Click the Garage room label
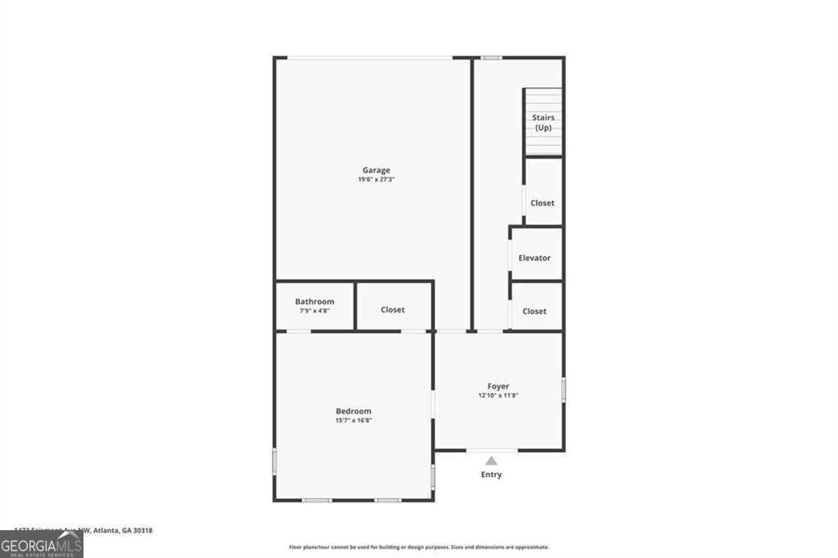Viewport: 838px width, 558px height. (376, 170)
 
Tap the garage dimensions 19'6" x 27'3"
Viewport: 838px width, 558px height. (376, 179)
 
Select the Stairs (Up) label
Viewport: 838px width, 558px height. (543, 123)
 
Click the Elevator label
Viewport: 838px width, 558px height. (534, 258)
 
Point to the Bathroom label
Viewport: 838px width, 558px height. (314, 301)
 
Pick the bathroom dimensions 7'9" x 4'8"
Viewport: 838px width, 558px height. (314, 311)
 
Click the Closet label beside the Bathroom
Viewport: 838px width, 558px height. (393, 310)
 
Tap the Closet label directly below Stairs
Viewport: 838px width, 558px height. (543, 203)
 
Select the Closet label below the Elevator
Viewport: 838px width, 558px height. (534, 311)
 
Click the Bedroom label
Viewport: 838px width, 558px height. (354, 411)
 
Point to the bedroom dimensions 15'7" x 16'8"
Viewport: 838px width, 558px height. (354, 421)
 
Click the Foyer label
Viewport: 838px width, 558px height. (498, 386)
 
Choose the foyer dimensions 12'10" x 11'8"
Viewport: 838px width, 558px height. (498, 395)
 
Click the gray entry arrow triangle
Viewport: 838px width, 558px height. (491, 461)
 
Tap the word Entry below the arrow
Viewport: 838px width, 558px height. (491, 475)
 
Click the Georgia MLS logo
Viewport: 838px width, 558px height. (42, 545)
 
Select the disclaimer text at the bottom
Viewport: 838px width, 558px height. (418, 547)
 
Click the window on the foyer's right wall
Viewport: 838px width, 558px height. (563, 389)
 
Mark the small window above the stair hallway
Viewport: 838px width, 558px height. (491, 57)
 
